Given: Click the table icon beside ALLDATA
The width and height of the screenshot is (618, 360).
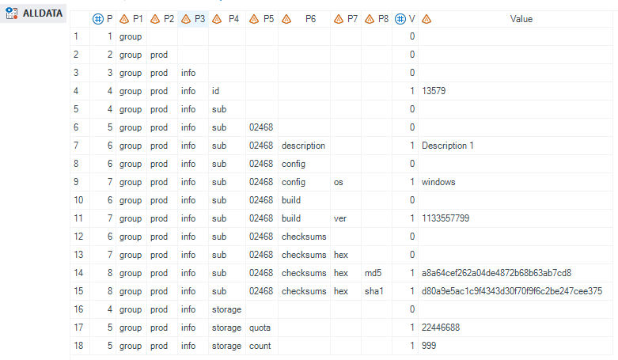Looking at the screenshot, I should tap(12, 13).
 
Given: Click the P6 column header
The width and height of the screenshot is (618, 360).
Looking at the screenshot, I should tap(310, 18).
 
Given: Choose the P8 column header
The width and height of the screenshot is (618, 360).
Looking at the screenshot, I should tap(383, 18).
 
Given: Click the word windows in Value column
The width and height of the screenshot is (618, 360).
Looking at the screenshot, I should tap(440, 182).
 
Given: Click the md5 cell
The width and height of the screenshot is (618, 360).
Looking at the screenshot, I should tap(373, 273).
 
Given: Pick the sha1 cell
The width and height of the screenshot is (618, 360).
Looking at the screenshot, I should tap(373, 291).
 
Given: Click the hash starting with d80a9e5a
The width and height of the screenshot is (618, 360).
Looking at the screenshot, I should tap(512, 291).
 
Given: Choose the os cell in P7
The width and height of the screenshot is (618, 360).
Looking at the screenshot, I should tap(339, 182).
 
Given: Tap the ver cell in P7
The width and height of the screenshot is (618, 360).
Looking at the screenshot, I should tap(340, 218).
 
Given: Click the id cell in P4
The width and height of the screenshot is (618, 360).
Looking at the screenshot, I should tap(216, 91).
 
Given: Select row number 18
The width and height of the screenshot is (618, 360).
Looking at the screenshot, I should tap(76, 346).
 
